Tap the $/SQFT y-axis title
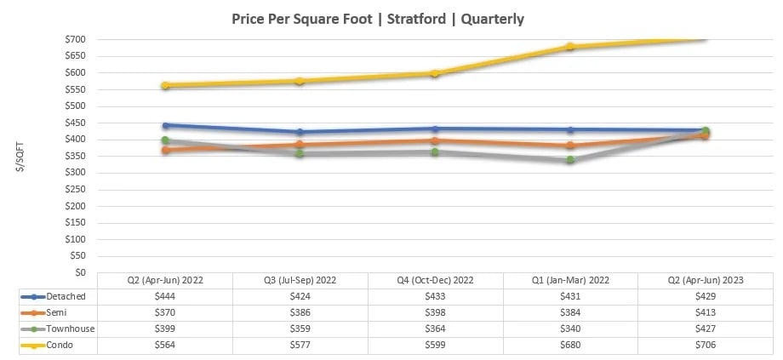coord(20,155)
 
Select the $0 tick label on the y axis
coord(80,272)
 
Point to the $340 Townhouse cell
coord(570,329)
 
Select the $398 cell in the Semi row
coord(435,313)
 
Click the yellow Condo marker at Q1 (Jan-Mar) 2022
coord(570,47)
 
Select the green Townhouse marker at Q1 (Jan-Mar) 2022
coord(570,159)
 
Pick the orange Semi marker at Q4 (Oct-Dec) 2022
coord(435,140)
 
